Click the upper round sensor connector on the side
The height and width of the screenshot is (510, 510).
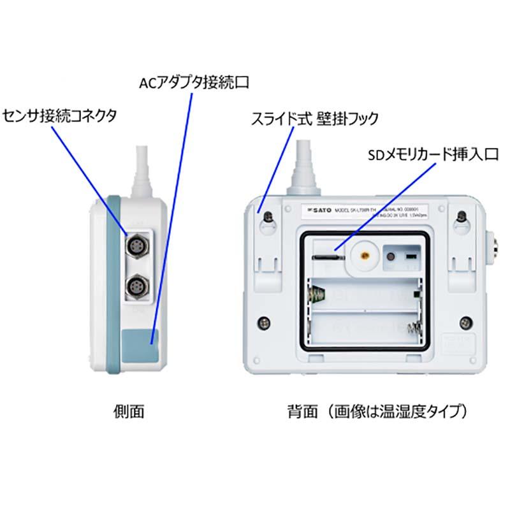click(x=138, y=246)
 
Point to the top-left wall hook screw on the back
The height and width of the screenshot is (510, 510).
click(x=270, y=217)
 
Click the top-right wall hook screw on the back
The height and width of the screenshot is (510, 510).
click(x=462, y=217)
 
